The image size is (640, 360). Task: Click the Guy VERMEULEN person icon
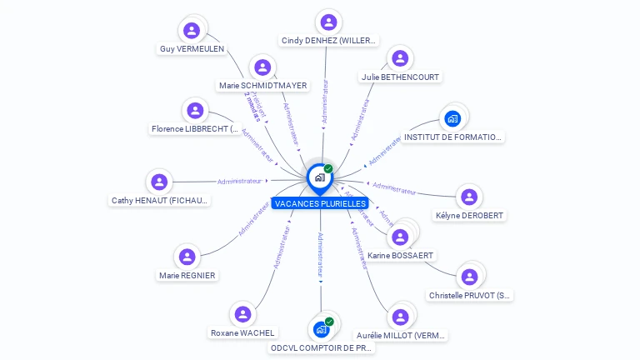point(192,31)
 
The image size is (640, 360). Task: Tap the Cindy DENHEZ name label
point(328,40)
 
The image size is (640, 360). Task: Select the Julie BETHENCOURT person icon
point(401,58)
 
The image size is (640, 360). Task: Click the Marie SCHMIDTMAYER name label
point(262,85)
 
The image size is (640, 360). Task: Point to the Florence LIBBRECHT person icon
point(195,110)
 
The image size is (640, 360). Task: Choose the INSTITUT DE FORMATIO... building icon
point(452,118)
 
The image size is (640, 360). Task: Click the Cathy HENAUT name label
point(161,200)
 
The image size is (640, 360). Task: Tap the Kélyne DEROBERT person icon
point(470,197)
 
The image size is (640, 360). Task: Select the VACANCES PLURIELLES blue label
point(320,203)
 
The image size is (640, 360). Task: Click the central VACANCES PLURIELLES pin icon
point(318,177)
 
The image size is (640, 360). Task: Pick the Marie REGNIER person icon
point(187,257)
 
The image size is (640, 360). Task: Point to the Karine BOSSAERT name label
point(401,255)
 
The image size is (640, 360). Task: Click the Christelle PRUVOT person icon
point(470,277)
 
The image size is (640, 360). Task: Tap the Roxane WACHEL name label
point(242,332)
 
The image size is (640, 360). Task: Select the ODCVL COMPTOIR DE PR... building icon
point(321,329)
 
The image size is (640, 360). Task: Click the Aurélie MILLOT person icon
point(401,317)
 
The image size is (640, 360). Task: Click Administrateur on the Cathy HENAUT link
point(239,181)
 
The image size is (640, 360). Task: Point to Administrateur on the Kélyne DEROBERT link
point(394,188)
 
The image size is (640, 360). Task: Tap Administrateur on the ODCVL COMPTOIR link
point(320,253)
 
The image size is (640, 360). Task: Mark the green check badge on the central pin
point(328,169)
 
